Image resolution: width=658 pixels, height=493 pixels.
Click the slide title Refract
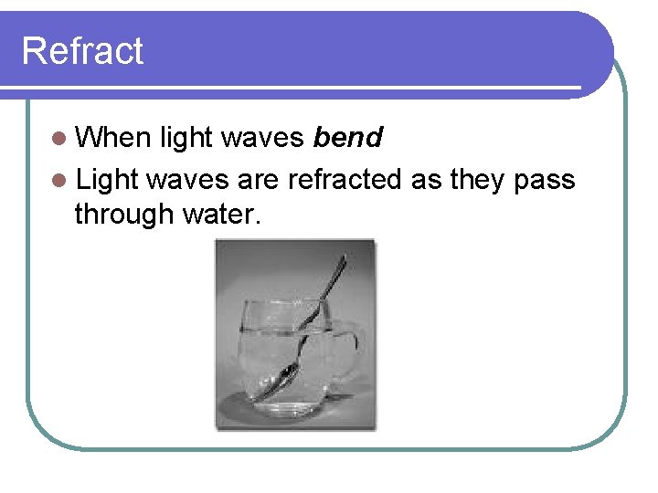(82, 50)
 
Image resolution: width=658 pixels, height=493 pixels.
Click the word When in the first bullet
(112, 138)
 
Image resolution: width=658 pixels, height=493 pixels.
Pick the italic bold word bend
(347, 138)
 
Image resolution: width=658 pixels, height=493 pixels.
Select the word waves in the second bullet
(187, 180)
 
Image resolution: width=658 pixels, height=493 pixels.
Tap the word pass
(546, 180)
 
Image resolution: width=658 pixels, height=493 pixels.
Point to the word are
(259, 180)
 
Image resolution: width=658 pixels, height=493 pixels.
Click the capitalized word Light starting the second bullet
(107, 180)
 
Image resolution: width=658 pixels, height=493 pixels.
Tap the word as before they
(427, 180)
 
